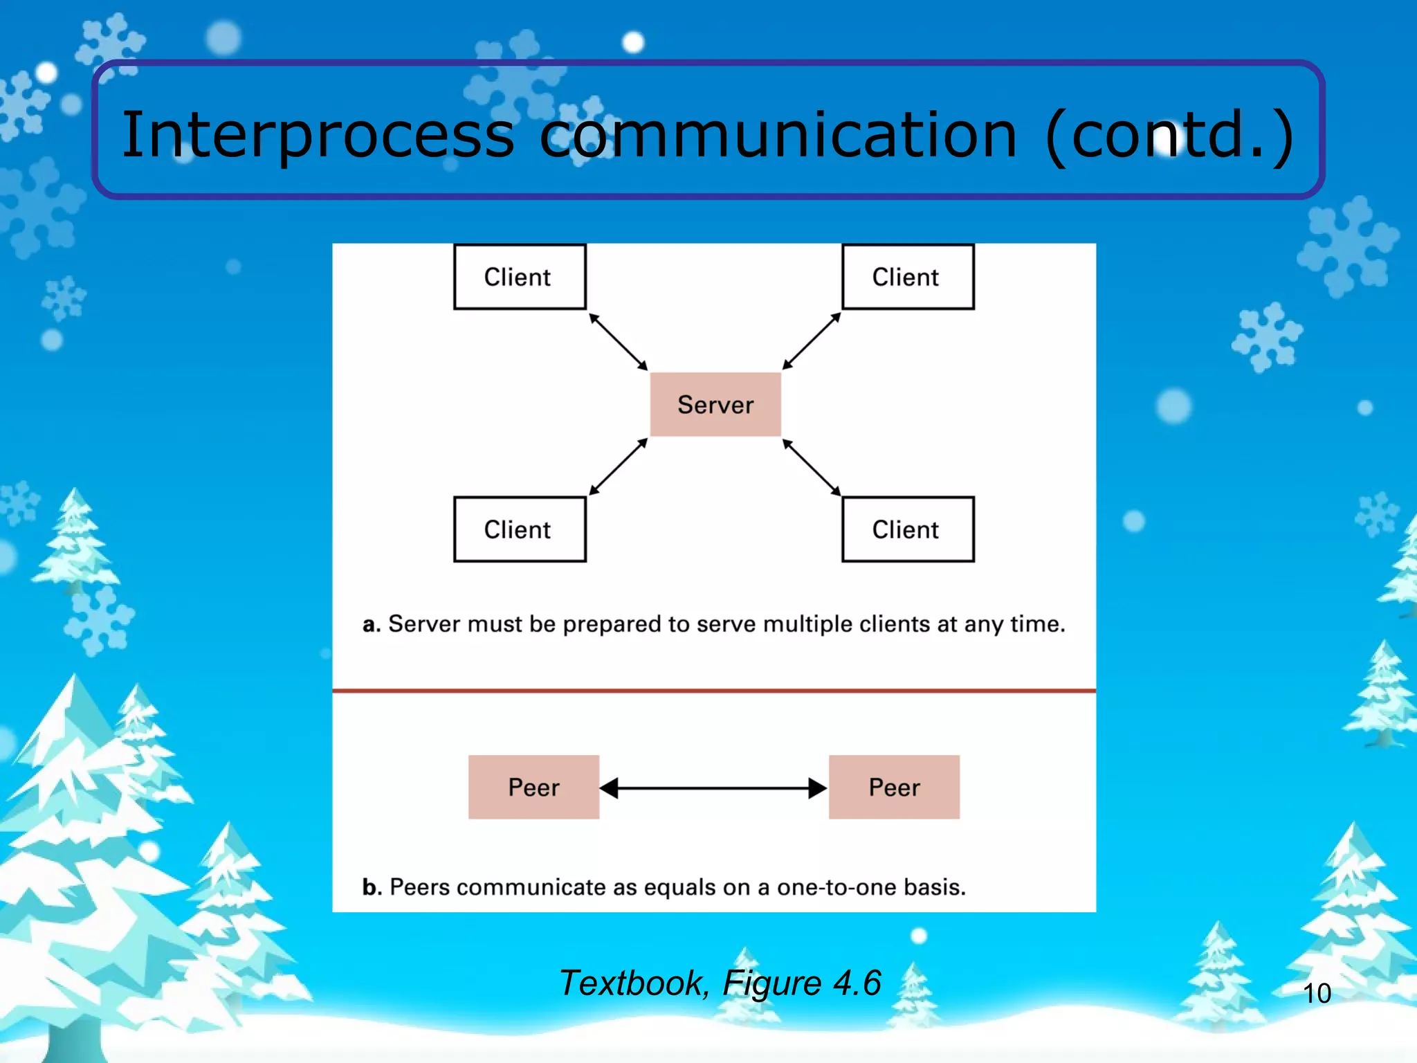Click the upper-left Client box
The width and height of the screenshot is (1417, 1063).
click(520, 277)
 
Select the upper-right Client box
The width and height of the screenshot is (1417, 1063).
click(907, 277)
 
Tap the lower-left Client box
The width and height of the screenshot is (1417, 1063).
click(520, 529)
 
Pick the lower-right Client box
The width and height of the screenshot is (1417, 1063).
click(907, 529)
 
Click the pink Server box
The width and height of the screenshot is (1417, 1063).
click(715, 404)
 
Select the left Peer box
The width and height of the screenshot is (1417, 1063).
click(533, 787)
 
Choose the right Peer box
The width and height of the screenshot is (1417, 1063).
click(894, 787)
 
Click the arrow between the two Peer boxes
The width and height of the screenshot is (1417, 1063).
click(713, 788)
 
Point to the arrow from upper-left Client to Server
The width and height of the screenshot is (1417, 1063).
click(618, 341)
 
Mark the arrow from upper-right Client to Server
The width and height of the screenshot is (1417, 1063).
click(812, 340)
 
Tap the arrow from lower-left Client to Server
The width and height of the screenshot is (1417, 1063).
click(618, 467)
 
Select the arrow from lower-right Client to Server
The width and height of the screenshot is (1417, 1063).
click(812, 467)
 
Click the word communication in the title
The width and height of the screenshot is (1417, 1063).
click(778, 135)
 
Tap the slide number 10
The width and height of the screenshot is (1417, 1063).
click(1316, 993)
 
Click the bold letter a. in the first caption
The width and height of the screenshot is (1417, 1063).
click(372, 624)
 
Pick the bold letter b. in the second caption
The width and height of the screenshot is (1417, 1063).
click(372, 887)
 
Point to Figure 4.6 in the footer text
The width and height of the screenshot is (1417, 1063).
click(801, 983)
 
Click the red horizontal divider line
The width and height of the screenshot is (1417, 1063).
click(713, 690)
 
